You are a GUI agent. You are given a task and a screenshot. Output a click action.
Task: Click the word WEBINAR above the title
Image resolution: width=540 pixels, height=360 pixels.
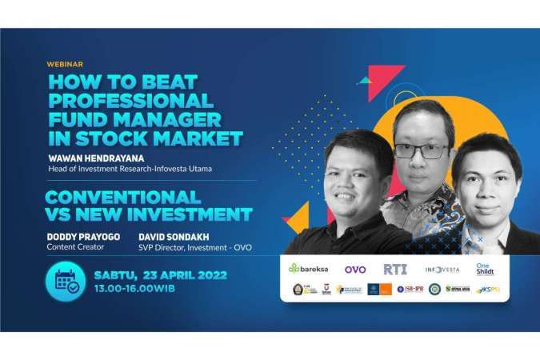point(65,64)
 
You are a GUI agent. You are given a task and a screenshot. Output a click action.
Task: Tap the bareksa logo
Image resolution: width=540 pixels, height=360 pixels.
point(308,269)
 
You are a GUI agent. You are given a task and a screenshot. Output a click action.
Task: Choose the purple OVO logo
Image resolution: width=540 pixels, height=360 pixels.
point(355,269)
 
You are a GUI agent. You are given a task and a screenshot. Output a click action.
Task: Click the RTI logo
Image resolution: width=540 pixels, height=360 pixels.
point(394,269)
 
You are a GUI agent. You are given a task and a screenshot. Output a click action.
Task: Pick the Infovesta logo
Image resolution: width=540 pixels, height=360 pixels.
point(442,270)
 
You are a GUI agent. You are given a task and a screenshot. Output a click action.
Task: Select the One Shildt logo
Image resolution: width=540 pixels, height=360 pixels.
point(486,269)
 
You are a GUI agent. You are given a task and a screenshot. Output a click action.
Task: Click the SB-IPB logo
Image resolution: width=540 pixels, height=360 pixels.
point(410,290)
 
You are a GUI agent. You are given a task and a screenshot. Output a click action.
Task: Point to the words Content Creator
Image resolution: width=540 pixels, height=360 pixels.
point(74,248)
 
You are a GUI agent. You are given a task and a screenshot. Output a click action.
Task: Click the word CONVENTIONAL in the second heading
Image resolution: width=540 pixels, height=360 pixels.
point(122,196)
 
